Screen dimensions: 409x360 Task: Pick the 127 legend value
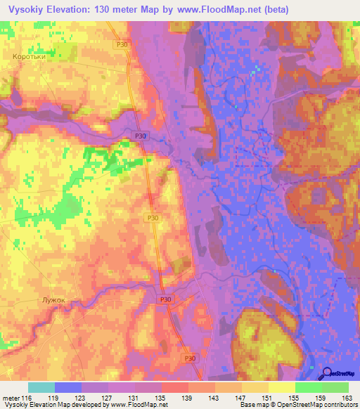click(x=107, y=397)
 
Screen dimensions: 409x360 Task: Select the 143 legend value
click(x=214, y=397)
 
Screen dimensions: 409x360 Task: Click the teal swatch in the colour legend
click(x=41, y=387)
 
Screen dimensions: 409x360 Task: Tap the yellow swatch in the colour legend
click(x=281, y=387)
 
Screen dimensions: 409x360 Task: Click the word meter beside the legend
click(x=10, y=397)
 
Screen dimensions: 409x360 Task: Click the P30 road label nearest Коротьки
click(x=122, y=44)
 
